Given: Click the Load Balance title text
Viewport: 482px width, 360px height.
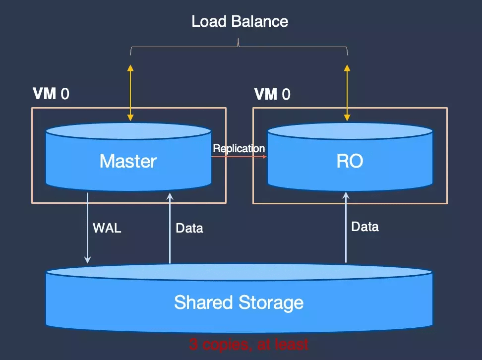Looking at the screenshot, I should [240, 21].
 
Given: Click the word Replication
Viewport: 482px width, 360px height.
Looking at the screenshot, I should [239, 148].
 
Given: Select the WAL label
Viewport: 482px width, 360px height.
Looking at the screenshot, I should [107, 229].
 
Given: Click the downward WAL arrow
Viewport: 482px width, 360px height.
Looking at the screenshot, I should [88, 228].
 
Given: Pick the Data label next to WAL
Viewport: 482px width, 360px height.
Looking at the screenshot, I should [189, 229].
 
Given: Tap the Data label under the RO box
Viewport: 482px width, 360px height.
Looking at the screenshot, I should [365, 227].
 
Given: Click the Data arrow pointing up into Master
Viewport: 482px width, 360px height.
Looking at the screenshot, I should [170, 228].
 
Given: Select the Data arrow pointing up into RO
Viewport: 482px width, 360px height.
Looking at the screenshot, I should [346, 228].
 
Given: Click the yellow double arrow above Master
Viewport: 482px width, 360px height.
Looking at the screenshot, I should [130, 93].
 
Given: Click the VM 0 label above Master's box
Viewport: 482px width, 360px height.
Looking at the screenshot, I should [51, 94].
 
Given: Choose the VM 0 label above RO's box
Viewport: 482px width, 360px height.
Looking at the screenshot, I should [272, 94].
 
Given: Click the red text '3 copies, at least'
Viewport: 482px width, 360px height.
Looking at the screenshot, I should [248, 344].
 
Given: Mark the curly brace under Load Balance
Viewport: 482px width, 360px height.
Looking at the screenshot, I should [239, 47].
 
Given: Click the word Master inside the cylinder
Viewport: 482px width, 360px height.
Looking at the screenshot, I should [128, 161].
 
